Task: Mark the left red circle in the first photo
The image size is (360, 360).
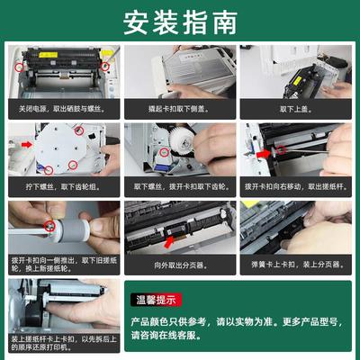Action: [x=20, y=65]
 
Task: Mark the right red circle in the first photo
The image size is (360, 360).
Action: [x=105, y=66]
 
